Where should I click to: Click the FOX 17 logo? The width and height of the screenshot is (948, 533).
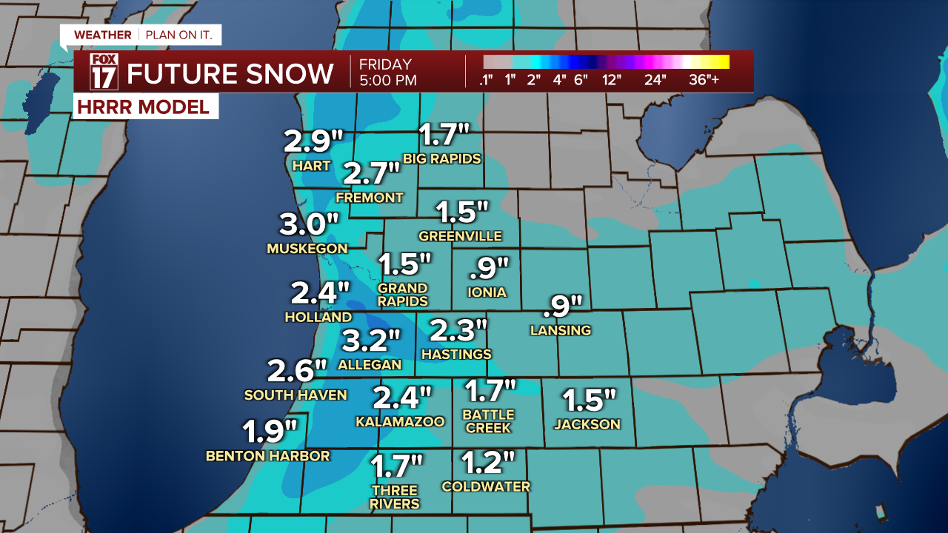104,72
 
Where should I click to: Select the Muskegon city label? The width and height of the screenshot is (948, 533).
307,249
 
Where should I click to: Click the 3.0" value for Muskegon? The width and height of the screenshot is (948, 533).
309,224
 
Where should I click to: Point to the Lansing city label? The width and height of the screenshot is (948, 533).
561,330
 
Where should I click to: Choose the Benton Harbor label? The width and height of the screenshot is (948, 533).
267,456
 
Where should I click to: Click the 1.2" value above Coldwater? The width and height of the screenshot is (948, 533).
488,463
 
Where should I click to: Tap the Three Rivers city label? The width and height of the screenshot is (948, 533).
395,497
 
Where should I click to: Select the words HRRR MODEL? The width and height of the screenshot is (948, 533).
142,107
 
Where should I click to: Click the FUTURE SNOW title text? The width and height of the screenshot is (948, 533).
230,73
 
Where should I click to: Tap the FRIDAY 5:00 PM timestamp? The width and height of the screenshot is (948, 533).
387,73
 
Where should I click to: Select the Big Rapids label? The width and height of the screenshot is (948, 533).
442,158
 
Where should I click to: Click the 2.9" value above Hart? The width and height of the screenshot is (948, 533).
315,141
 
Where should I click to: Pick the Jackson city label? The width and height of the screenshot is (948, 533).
587,424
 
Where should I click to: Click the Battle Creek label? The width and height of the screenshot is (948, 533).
489,421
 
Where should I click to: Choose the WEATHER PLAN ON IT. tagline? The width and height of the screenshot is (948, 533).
140,35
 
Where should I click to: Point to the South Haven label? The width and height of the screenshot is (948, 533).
296,395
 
